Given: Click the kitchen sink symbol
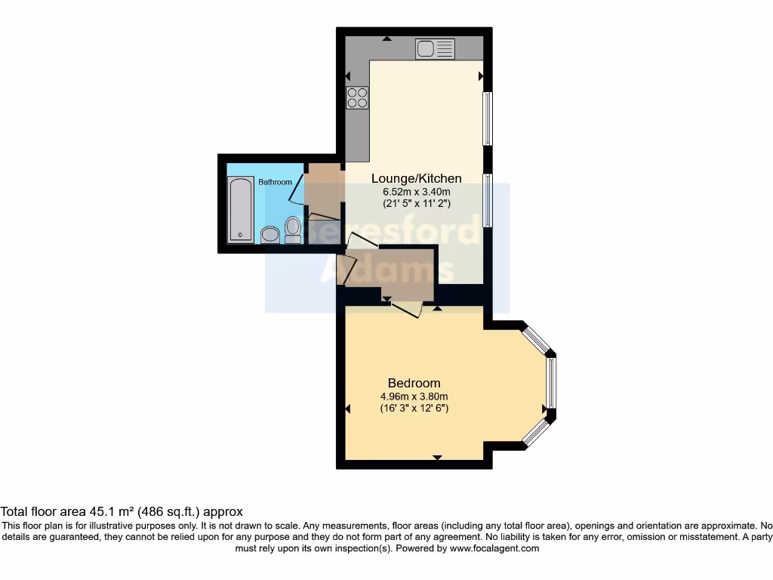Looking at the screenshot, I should (x=435, y=50).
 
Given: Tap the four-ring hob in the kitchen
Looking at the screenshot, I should (x=357, y=97).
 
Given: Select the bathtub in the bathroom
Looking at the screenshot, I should (x=241, y=209).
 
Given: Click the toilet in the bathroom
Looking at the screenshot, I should (x=293, y=229).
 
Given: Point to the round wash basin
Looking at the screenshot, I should (x=269, y=235).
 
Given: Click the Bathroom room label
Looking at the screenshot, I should (x=275, y=182).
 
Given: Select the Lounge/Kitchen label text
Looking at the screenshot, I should (x=416, y=178).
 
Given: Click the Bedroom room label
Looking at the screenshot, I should (x=414, y=383).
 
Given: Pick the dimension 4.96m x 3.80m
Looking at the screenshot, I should (x=414, y=396).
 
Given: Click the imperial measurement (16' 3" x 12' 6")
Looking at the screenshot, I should (x=414, y=409).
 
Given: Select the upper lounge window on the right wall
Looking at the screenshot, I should (x=488, y=118).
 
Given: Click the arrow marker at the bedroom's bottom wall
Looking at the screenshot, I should (x=437, y=457).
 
